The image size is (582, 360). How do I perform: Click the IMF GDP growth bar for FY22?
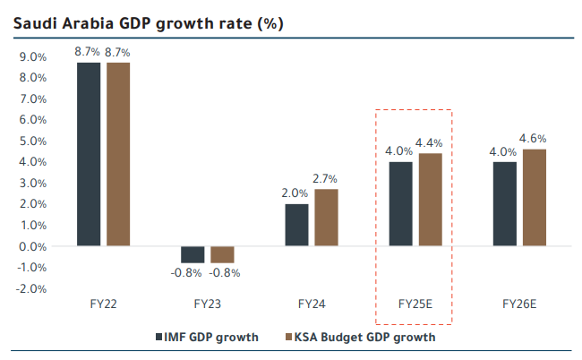point(89,153)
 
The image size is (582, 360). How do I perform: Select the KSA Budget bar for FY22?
point(118,153)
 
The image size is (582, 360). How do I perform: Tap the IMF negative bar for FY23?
point(193,253)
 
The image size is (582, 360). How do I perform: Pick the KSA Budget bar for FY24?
point(326,217)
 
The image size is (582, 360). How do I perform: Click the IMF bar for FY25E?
point(401,203)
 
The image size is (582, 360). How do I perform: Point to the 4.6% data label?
point(534,139)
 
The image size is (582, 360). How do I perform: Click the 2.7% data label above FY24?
point(326,179)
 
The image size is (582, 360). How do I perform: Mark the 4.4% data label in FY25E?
point(430,143)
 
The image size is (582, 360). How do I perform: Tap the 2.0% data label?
point(295,193)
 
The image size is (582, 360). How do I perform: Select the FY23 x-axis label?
point(208,304)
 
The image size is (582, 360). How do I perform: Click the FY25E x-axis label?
point(415,304)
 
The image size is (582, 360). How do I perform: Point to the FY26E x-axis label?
point(519,304)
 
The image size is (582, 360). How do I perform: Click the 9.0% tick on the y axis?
point(33,56)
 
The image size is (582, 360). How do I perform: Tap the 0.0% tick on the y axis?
point(33,246)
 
